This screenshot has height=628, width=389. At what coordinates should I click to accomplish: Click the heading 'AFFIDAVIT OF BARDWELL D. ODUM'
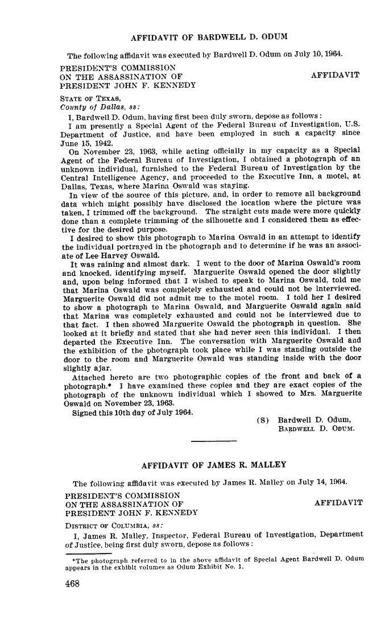pos(209,38)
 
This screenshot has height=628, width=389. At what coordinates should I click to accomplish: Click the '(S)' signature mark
pos(263,421)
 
